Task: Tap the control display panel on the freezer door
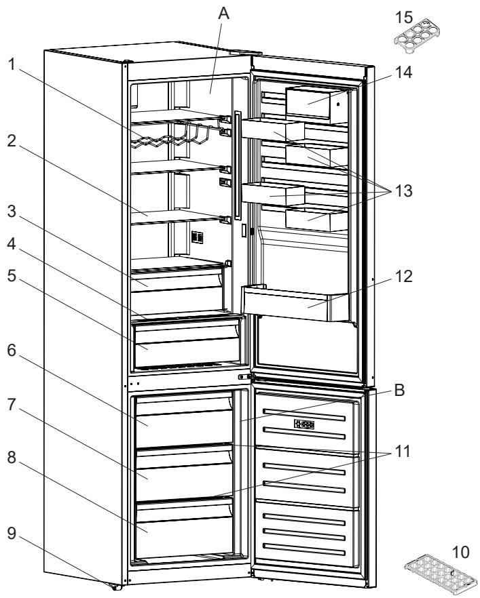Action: coord(303,425)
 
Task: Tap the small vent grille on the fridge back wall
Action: coord(198,239)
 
